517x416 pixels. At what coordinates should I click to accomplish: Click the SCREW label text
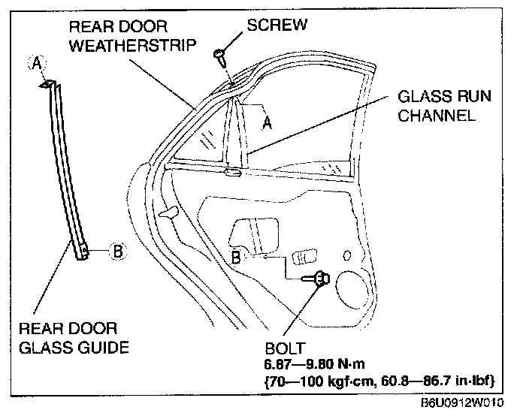(x=277, y=24)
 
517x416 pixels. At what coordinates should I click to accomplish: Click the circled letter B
(x=116, y=252)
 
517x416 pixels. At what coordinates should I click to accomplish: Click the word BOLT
(x=285, y=349)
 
